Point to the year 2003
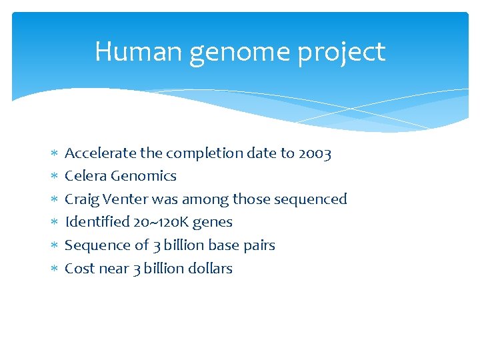coord(315,153)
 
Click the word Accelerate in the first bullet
coord(92,153)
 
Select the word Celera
coord(85,176)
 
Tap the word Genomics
coord(143,176)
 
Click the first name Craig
coord(81,199)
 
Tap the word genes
coord(213,223)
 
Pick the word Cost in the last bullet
coord(79,269)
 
